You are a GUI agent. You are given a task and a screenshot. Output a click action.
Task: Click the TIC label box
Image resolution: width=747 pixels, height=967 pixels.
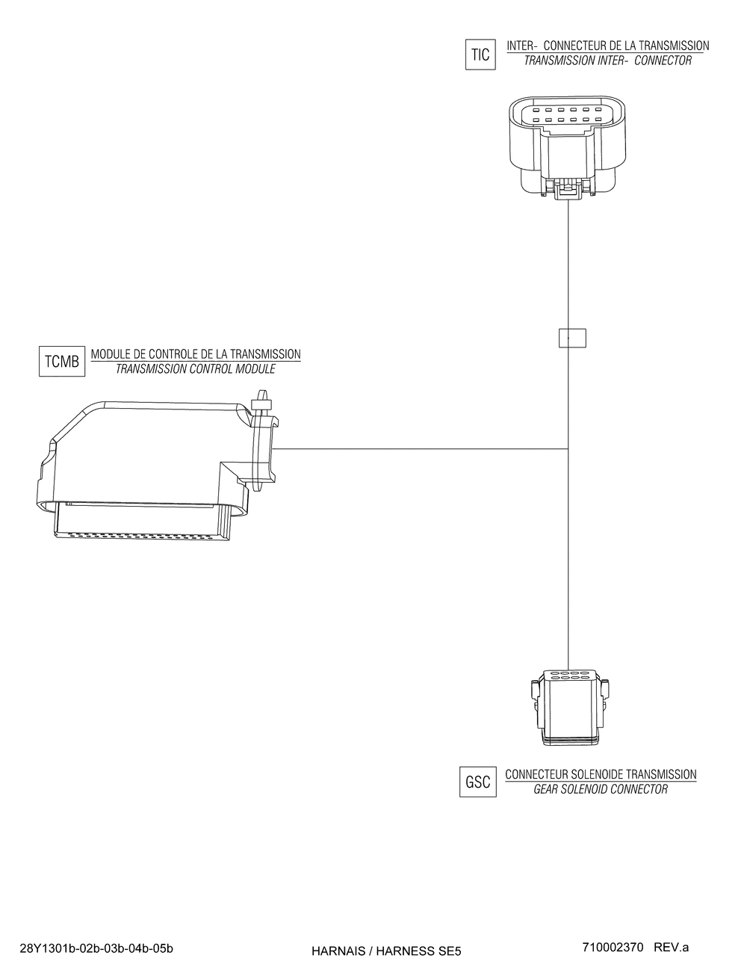[x=480, y=55]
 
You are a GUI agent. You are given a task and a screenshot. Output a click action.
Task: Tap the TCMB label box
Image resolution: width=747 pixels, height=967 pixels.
[x=61, y=362]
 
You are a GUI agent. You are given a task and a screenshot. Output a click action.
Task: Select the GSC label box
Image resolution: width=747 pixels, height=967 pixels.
[x=478, y=782]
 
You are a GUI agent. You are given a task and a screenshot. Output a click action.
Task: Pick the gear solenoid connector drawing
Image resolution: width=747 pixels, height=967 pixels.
[x=569, y=707]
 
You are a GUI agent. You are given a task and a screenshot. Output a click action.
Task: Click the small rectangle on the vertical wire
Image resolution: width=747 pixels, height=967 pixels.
[x=572, y=339]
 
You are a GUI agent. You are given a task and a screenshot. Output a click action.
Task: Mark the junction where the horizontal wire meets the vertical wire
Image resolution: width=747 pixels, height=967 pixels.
[x=569, y=449]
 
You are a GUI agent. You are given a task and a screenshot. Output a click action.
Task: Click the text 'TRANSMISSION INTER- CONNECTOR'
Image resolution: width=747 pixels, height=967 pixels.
[x=607, y=61]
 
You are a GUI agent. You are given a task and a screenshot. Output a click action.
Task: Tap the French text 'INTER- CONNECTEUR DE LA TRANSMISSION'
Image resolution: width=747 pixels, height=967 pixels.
[x=607, y=46]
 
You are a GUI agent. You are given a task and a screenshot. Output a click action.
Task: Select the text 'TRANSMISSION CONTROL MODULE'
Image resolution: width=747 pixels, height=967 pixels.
[x=195, y=369]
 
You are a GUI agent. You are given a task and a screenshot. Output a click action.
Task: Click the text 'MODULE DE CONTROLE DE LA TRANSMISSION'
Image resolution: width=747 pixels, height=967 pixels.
[x=196, y=354]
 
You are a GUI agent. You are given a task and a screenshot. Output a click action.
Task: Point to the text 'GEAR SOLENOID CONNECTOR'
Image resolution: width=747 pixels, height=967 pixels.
[x=601, y=789]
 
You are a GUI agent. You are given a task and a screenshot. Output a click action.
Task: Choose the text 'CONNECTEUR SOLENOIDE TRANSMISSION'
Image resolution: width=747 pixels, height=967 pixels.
[x=601, y=775]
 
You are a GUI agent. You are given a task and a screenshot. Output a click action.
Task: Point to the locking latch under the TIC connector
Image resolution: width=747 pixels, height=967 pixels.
[x=569, y=190]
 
